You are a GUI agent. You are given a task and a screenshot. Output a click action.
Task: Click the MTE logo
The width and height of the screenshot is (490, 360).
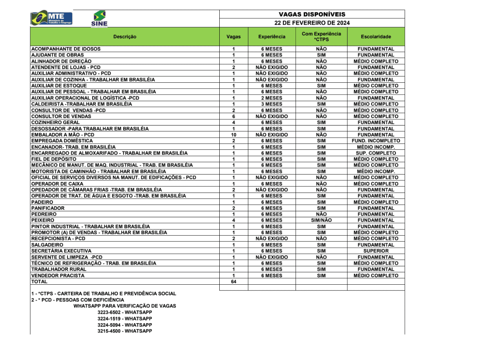pyautogui.click(x=51, y=18)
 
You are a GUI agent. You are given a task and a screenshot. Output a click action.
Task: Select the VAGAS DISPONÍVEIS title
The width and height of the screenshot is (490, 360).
pyautogui.click(x=312, y=15)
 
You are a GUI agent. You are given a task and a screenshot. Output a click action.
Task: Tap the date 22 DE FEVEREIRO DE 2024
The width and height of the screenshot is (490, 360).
pyautogui.click(x=312, y=23)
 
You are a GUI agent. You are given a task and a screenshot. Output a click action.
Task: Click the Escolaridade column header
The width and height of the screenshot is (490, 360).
pyautogui.click(x=376, y=37)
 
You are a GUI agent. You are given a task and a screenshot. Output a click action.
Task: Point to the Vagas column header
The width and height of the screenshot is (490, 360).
pyautogui.click(x=233, y=37)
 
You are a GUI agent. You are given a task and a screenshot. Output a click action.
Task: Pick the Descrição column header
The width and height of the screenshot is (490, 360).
pyautogui.click(x=125, y=37)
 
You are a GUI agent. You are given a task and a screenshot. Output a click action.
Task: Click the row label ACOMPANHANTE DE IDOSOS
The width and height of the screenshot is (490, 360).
pyautogui.click(x=66, y=49)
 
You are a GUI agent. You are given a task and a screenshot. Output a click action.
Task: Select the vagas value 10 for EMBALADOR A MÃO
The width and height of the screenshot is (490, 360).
pyautogui.click(x=233, y=135)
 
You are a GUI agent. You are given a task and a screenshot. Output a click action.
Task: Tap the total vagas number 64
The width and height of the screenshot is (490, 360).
pyautogui.click(x=233, y=282)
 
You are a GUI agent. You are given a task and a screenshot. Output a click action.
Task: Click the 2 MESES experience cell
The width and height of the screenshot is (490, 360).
pyautogui.click(x=271, y=98)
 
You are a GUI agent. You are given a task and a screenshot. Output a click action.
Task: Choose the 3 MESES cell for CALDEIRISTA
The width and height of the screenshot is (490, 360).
pyautogui.click(x=271, y=104)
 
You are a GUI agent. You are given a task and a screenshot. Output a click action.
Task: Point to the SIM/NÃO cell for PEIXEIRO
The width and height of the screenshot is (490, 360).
pyautogui.click(x=321, y=220)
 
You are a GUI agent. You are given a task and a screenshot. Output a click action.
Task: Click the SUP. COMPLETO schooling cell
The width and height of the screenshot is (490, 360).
pyautogui.click(x=376, y=153)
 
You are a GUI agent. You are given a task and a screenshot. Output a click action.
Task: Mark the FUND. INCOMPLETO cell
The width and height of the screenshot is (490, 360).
pyautogui.click(x=376, y=141)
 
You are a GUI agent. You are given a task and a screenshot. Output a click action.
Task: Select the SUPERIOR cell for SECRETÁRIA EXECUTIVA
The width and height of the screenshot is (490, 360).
pyautogui.click(x=376, y=251)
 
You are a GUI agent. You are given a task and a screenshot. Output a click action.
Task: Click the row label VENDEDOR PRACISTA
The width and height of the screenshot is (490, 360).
pyautogui.click(x=58, y=276)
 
